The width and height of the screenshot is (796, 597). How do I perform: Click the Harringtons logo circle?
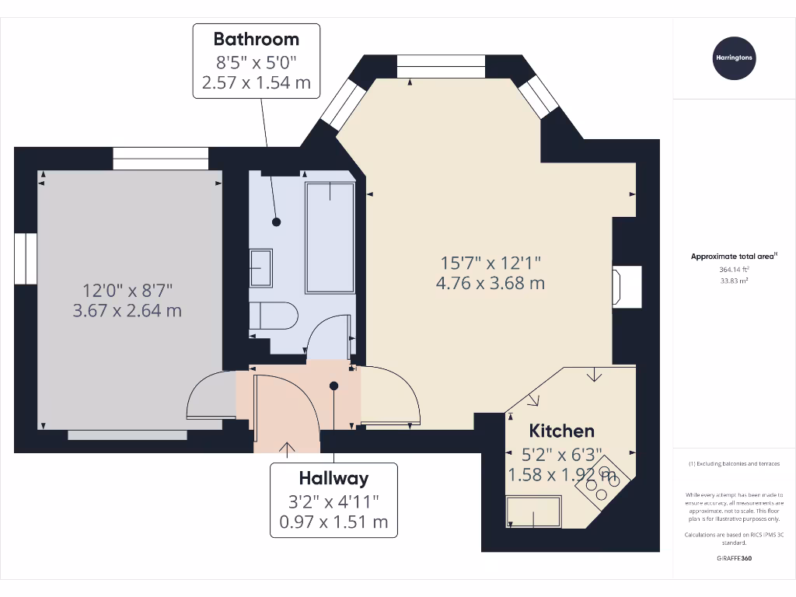734,58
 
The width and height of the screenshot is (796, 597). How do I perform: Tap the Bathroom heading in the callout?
256,38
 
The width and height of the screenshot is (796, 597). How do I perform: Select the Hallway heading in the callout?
333,478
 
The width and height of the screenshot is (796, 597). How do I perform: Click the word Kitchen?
561,431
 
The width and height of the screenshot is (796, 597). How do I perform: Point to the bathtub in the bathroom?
330,237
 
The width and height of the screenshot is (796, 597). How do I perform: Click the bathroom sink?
260,268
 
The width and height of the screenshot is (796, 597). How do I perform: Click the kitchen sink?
533,511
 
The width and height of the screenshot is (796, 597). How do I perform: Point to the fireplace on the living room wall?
627,285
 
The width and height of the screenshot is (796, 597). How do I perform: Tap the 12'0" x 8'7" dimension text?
127,291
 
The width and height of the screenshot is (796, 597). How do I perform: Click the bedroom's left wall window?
26,258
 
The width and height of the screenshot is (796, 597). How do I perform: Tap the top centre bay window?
440,66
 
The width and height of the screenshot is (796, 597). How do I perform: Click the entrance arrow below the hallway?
287,448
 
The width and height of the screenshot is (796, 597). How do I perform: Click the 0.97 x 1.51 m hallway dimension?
333,522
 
